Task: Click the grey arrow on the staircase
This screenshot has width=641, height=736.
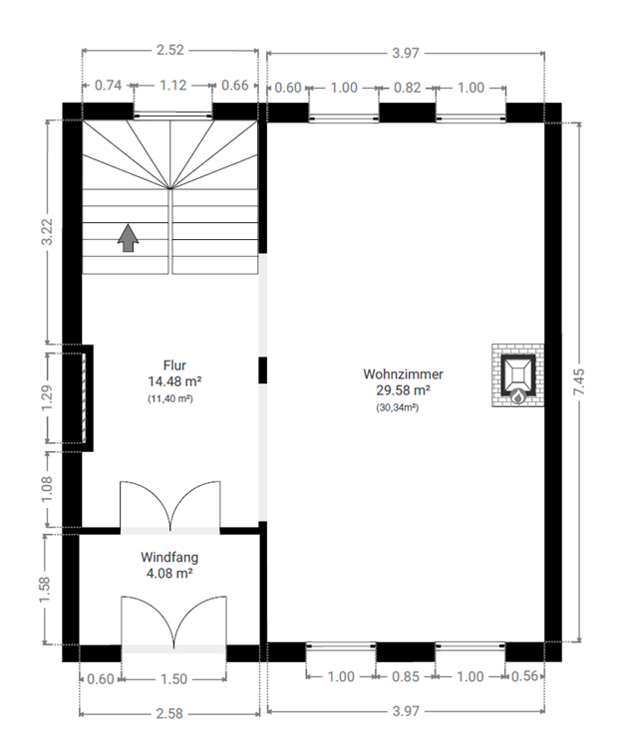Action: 128,238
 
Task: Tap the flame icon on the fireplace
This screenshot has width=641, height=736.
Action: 517,397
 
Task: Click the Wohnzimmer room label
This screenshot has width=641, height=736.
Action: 403,374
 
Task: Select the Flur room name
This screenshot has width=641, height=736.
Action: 174,366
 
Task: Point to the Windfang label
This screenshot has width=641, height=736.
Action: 169,557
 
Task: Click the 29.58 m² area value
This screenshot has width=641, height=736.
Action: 403,390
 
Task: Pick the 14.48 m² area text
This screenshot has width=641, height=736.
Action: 174,381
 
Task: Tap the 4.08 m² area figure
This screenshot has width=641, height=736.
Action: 169,573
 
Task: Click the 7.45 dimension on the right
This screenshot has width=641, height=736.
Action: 579,381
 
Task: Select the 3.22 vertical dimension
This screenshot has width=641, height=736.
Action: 47,232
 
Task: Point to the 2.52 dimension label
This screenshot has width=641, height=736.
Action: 170,50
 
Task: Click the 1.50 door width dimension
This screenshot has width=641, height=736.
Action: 173,679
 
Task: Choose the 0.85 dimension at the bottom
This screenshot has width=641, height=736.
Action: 405,676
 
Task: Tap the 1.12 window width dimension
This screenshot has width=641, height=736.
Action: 172,85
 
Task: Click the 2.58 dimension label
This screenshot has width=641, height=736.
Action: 169,713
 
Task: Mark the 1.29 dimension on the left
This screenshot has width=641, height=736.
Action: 47,398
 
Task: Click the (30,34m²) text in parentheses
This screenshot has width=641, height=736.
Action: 397,407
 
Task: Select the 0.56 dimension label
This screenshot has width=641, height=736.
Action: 524,676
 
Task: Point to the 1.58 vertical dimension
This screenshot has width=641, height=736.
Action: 44,590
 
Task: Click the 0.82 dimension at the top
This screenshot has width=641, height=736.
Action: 407,88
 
